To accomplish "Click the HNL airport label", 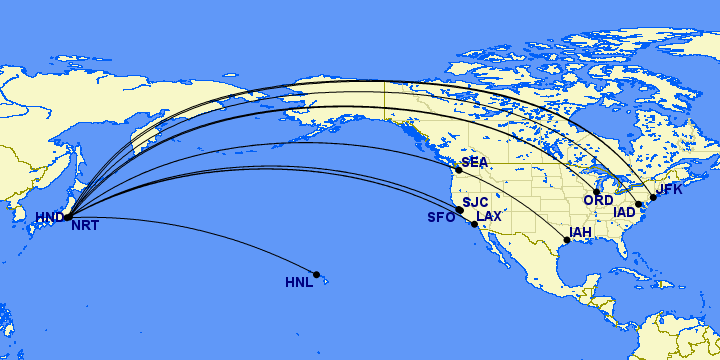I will coord(299,283).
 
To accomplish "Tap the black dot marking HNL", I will coord(317,274).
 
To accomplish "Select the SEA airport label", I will coord(475,163).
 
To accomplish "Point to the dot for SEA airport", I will coord(459,169).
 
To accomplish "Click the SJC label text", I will coord(475,202).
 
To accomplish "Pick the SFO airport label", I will coord(441,217).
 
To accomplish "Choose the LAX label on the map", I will coord(489,216).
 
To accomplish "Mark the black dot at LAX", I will coord(474,224).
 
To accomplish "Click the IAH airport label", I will coord(581,233).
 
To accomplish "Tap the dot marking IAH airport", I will coord(567,241).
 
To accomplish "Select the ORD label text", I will coord(598,201).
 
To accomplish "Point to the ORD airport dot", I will coord(597,192).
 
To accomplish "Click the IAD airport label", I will coord(625,212).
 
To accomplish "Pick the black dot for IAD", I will coord(638,204).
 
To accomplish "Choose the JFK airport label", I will coord(669,188).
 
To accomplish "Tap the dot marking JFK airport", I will coord(653,197).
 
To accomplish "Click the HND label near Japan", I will coord(49,217).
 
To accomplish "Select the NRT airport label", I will coord(84,226).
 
